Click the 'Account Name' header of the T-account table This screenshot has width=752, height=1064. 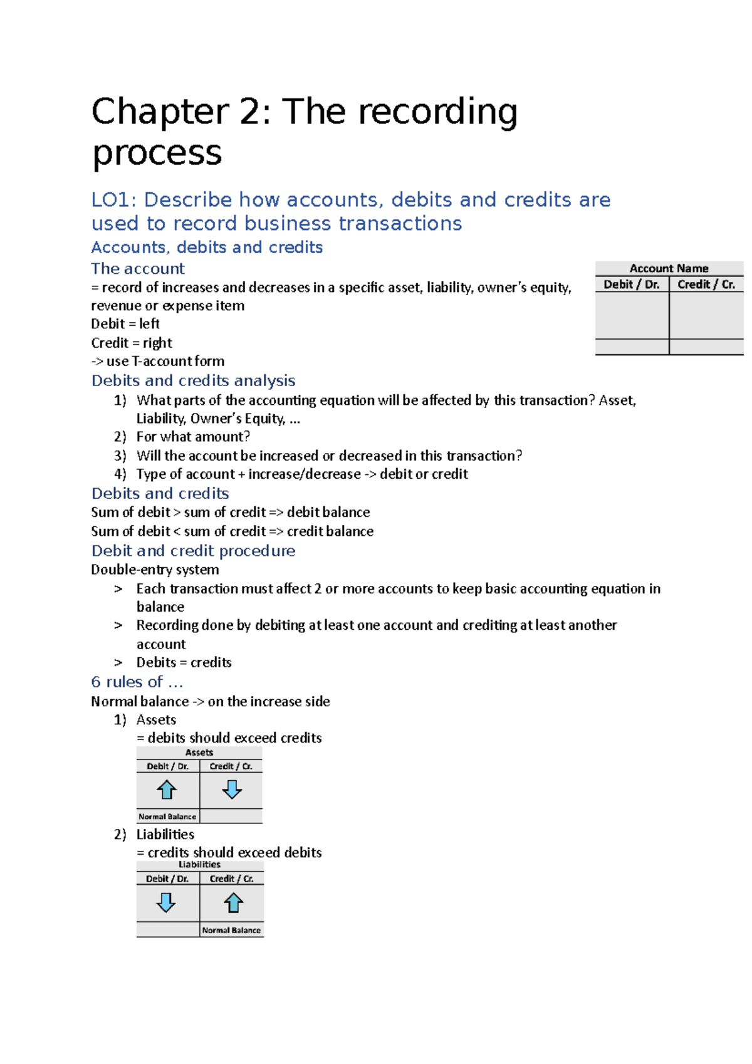click(669, 268)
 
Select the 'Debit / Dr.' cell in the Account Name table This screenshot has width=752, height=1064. click(631, 284)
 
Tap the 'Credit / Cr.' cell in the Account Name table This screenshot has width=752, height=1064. click(706, 284)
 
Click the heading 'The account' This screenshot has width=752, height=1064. click(138, 269)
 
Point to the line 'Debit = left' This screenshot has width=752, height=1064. click(125, 324)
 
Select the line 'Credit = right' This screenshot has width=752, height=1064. click(132, 343)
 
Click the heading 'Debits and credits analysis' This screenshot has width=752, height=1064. click(193, 380)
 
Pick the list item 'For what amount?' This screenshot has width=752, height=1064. click(193, 437)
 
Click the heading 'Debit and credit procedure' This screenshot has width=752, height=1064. click(193, 551)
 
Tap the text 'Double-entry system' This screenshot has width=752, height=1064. click(155, 570)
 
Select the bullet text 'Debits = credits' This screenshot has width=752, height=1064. click(184, 662)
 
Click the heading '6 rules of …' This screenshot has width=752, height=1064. click(137, 682)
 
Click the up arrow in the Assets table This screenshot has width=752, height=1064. click(167, 790)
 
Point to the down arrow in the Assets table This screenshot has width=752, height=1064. click(232, 790)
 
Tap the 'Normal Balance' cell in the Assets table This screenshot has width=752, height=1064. click(167, 816)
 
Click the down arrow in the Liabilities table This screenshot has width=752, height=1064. click(166, 903)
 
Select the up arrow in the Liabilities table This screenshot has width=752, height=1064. click(233, 903)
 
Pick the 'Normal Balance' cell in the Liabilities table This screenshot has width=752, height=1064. click(231, 931)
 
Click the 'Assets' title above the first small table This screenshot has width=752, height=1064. click(199, 753)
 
